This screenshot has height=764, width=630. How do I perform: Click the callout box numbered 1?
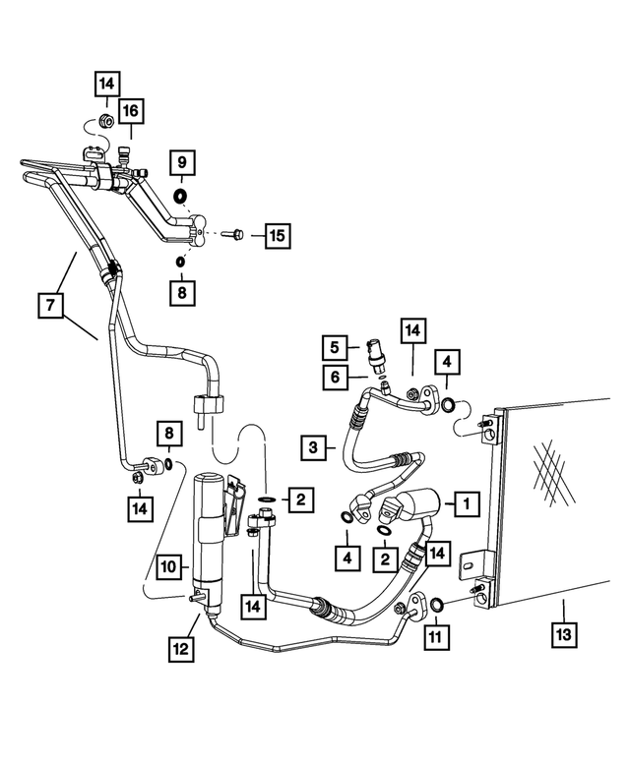[x=464, y=503]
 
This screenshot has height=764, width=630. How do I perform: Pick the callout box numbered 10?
[x=167, y=566]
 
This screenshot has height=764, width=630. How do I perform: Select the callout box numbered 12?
[x=181, y=650]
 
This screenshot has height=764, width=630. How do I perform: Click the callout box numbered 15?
[x=278, y=236]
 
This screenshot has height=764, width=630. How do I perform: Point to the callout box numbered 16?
[x=131, y=112]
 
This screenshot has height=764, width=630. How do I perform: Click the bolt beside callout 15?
[x=233, y=235]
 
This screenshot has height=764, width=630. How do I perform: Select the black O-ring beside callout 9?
[x=180, y=197]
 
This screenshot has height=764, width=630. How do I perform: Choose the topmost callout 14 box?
[x=107, y=86]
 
